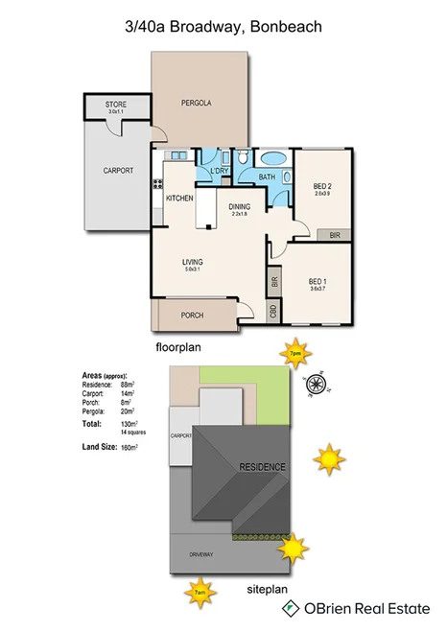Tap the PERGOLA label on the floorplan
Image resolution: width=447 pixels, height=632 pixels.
click(x=197, y=103)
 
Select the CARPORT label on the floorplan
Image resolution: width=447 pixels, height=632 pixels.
click(x=118, y=171)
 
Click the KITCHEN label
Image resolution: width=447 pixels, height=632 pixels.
click(x=179, y=198)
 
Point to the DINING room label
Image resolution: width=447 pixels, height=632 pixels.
click(x=239, y=206)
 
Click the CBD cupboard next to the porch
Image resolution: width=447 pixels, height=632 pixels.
click(x=272, y=312)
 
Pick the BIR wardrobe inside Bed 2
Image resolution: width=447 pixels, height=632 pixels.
click(x=334, y=233)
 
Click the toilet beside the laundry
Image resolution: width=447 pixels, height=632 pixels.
click(x=244, y=157)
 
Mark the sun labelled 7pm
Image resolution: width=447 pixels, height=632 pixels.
click(x=294, y=352)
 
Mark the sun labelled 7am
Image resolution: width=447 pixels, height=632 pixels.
click(x=200, y=592)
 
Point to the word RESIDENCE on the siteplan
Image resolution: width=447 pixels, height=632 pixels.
click(x=262, y=466)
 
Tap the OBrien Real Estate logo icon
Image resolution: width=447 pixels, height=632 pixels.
click(x=288, y=608)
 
